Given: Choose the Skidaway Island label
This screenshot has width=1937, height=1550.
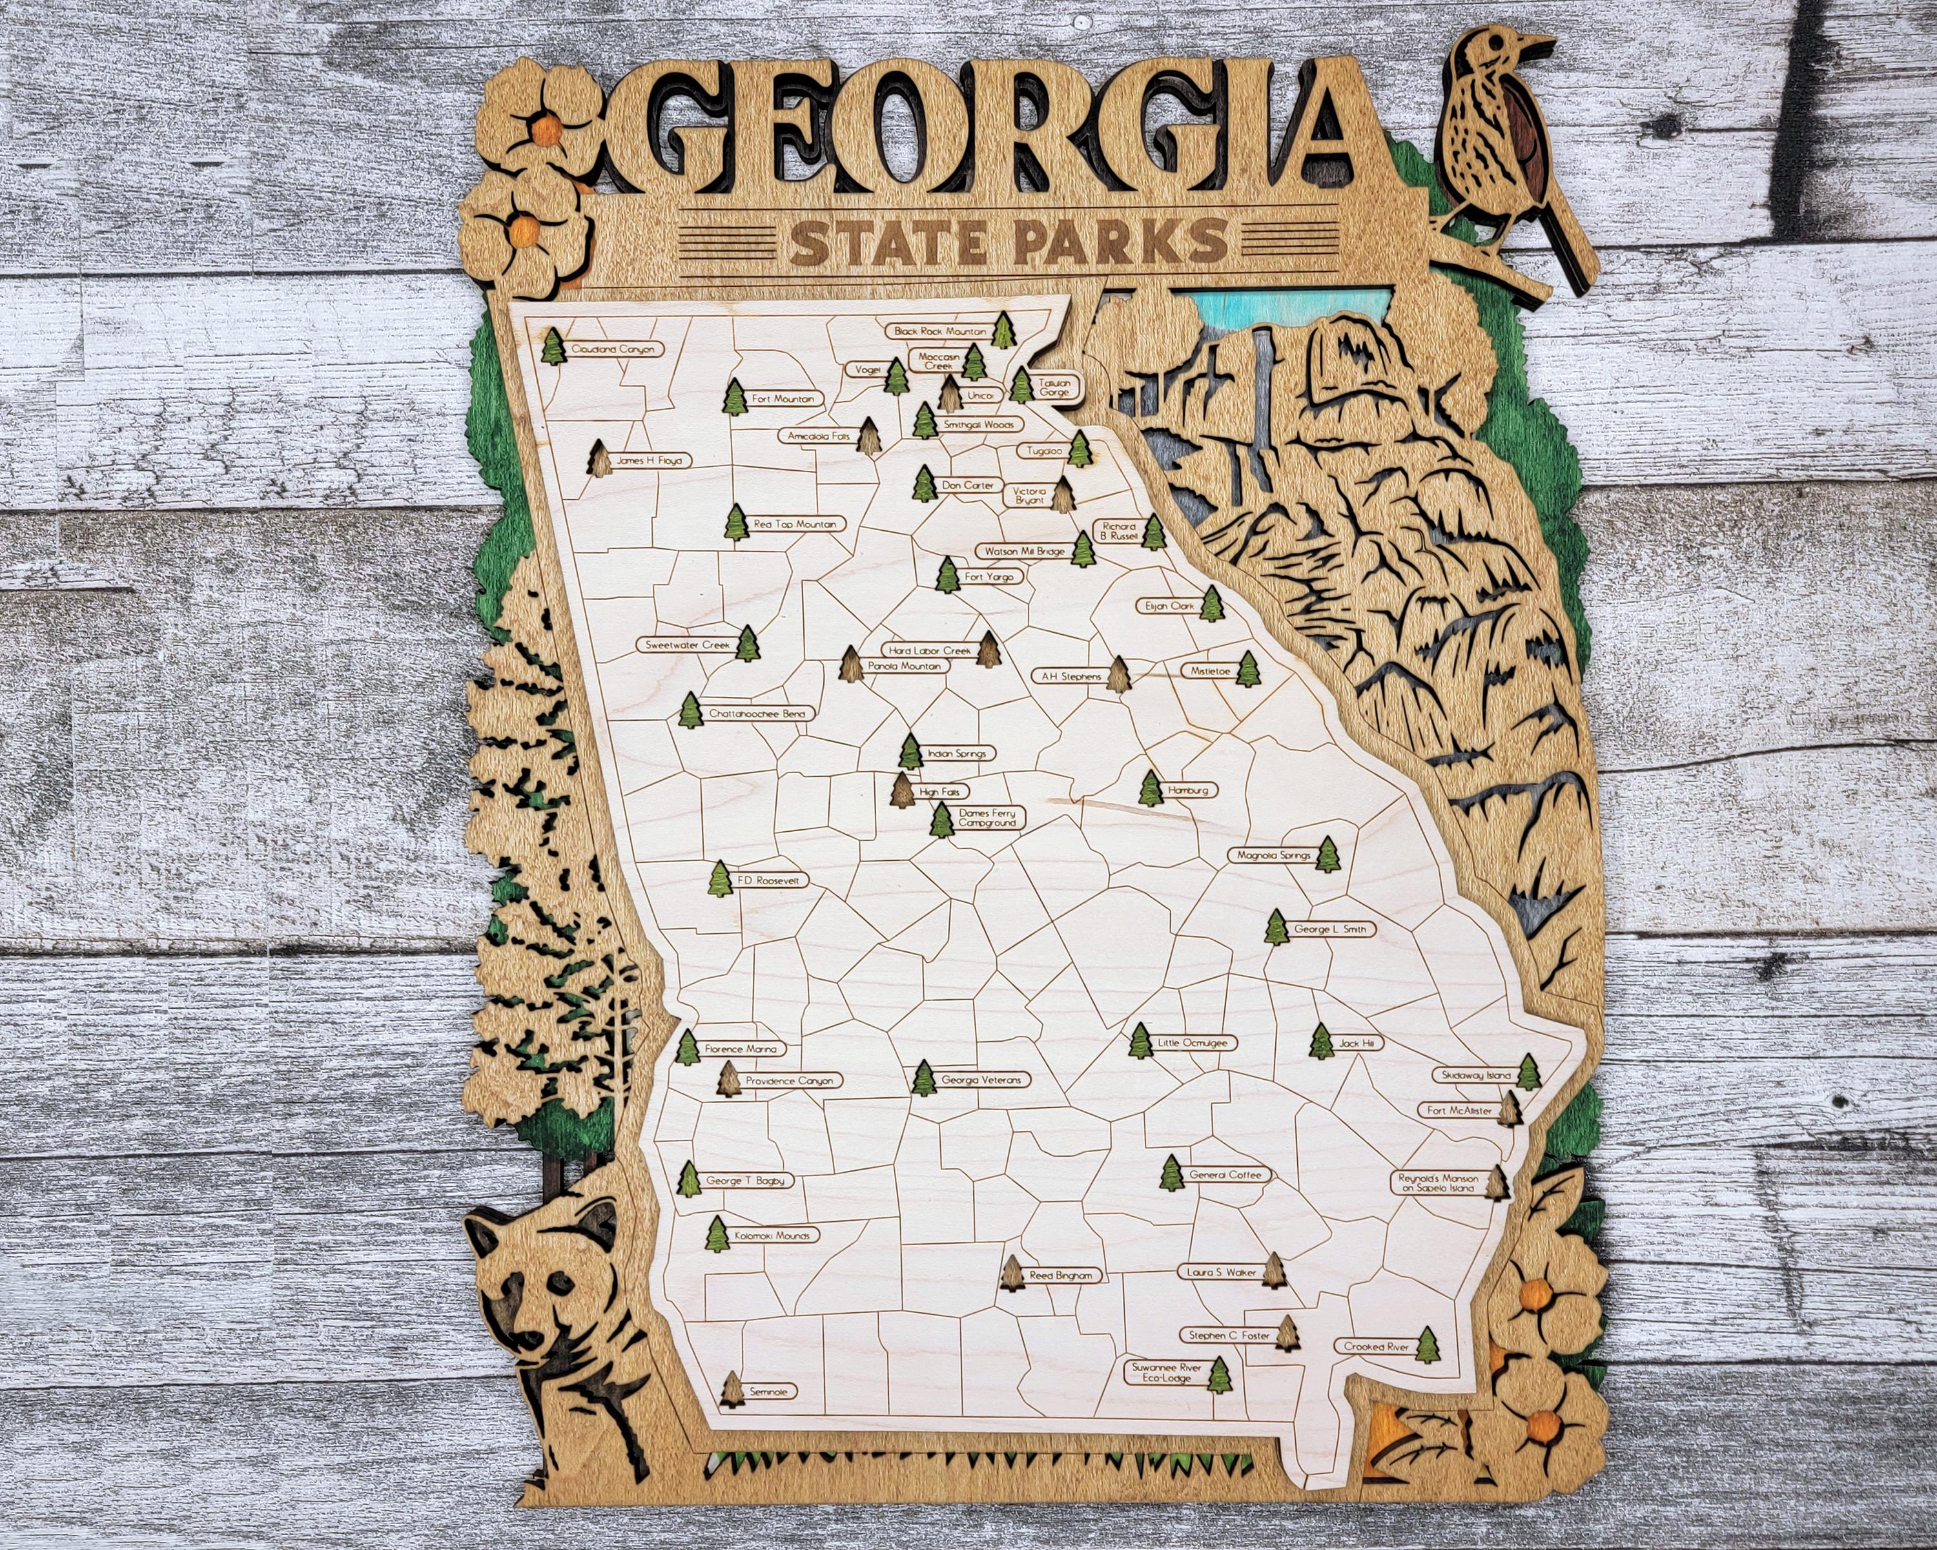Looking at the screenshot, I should pyautogui.click(x=1476, y=1075).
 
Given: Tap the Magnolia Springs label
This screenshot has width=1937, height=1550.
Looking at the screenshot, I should pyautogui.click(x=1273, y=856).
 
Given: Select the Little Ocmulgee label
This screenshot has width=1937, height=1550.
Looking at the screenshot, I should pyautogui.click(x=1196, y=1043).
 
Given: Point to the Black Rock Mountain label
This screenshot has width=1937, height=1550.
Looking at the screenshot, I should pyautogui.click(x=939, y=331).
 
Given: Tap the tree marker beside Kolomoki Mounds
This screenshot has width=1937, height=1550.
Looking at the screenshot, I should pyautogui.click(x=717, y=1235).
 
